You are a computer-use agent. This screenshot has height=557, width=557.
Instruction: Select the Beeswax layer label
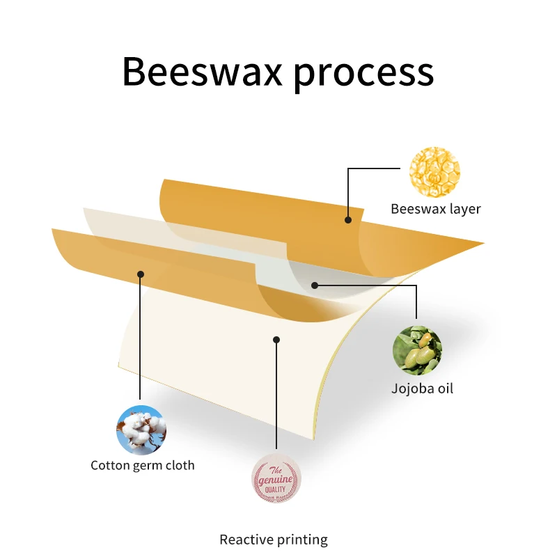435,209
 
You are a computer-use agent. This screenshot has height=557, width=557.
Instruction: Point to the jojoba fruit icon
417,350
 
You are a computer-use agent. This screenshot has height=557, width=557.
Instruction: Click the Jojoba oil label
422,389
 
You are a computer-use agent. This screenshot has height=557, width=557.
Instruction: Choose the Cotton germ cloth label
143,465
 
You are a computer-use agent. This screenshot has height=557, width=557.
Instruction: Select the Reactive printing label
274,539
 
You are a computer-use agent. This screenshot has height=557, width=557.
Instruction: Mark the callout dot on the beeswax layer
347,219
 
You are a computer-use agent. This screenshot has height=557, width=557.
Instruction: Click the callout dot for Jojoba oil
315,285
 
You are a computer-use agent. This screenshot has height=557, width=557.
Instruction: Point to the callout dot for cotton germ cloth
140,274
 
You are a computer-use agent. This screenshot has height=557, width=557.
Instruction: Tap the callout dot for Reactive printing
276,340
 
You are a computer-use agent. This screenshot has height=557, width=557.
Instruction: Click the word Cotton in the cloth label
110,465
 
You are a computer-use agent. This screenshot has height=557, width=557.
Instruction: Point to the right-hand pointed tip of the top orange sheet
482,244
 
